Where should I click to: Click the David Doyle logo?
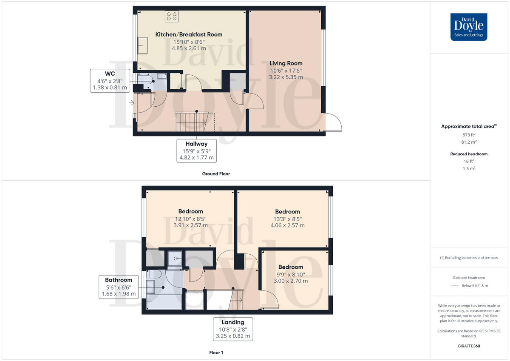tap(469, 27)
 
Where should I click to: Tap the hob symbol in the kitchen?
tap(171, 17)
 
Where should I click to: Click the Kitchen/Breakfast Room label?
tap(189, 34)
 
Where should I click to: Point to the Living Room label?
tap(286, 63)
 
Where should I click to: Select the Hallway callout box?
tap(196, 151)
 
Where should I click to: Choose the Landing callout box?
tap(232, 329)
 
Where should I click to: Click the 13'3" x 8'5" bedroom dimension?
tap(287, 219)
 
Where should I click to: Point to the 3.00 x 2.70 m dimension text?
tap(291, 281)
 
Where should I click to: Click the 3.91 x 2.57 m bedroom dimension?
tap(190, 225)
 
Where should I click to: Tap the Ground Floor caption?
tap(216, 174)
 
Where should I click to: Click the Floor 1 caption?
tap(216, 352)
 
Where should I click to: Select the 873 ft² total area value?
tap(469, 135)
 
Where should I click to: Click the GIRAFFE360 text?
tap(469, 346)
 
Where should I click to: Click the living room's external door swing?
tap(333, 123)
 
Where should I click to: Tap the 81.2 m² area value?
tap(469, 142)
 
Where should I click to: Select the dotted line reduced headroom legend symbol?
tap(455, 286)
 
